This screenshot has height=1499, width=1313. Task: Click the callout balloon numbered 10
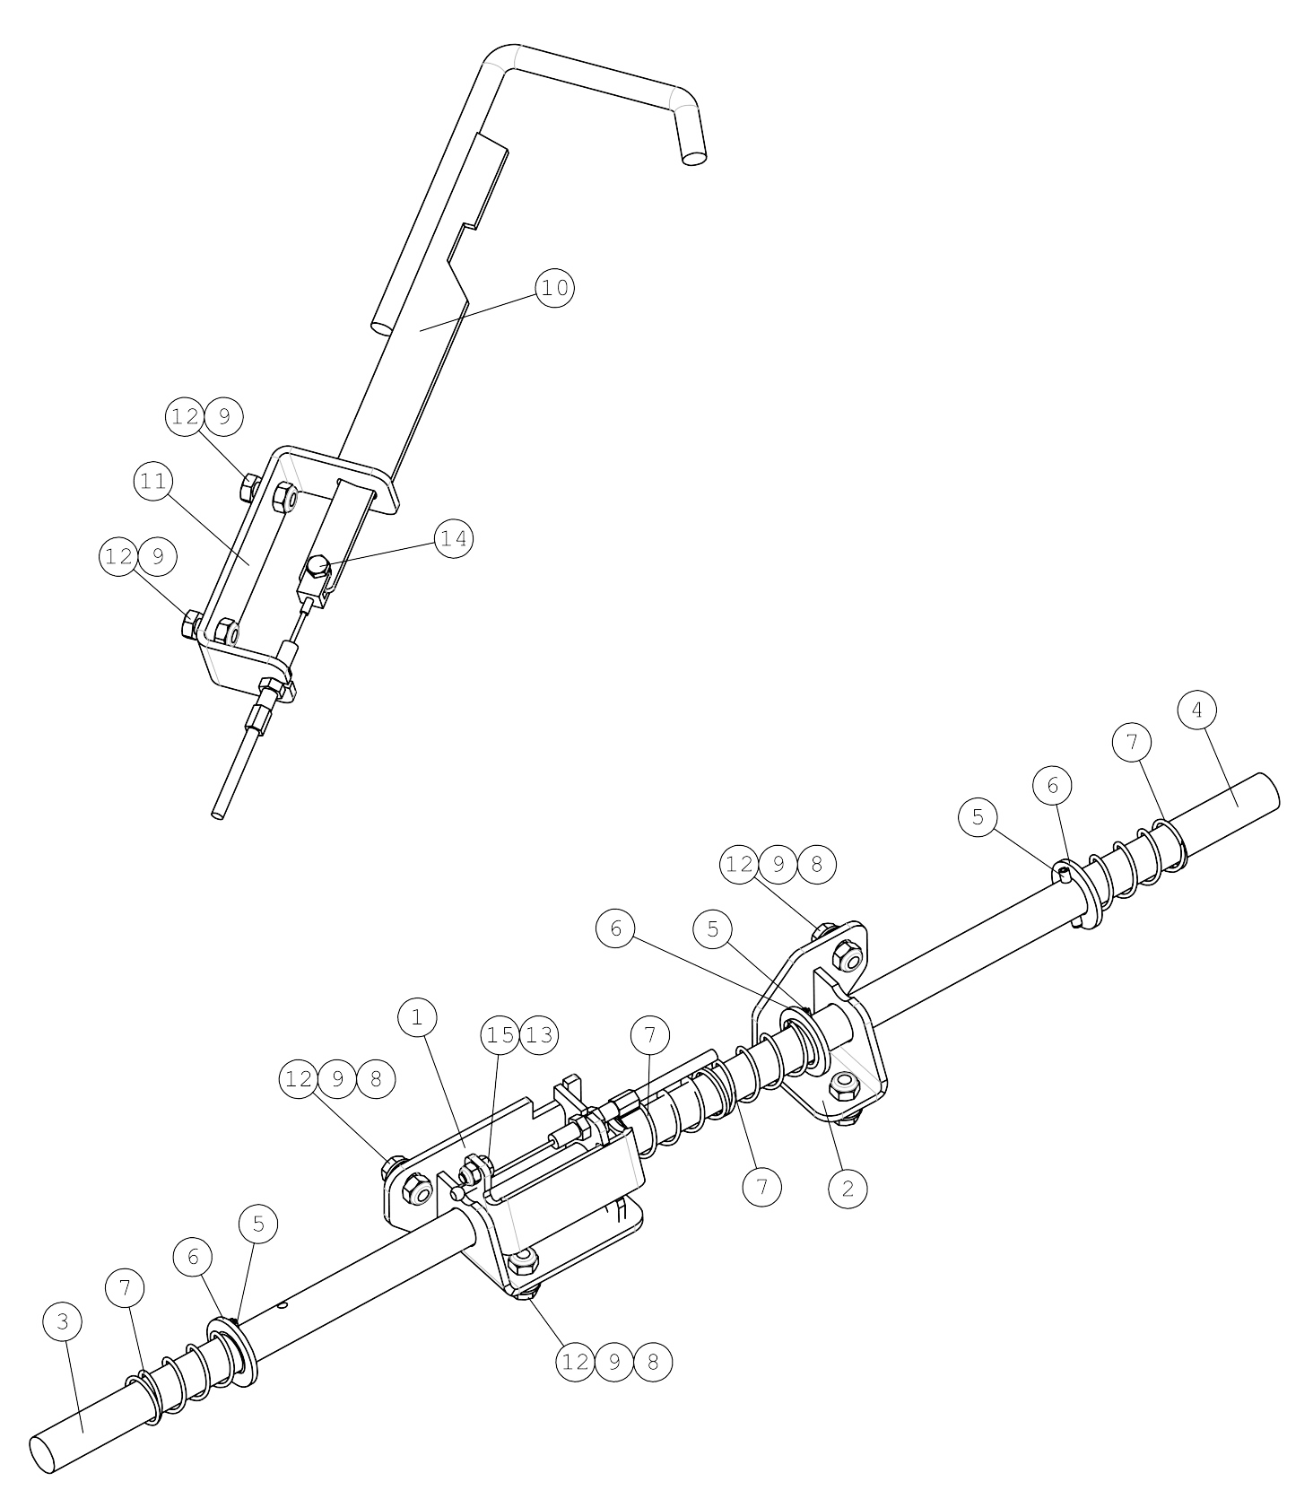coord(555,288)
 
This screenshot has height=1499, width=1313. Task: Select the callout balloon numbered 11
coord(153,482)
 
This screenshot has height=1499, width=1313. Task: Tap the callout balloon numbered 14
coord(453,538)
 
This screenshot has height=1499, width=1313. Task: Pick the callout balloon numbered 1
coord(417,1017)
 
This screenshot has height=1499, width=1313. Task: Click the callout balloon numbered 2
coord(848,1188)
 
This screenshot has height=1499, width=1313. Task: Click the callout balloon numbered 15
coord(500,1035)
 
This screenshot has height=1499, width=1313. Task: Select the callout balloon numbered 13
coord(538,1035)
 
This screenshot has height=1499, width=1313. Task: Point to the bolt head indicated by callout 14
coord(317,567)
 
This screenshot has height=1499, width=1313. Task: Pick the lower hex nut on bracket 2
coord(842,1085)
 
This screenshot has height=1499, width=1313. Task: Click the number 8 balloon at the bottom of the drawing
coord(653,1362)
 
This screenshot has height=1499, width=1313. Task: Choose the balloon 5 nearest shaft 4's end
coord(978,816)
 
